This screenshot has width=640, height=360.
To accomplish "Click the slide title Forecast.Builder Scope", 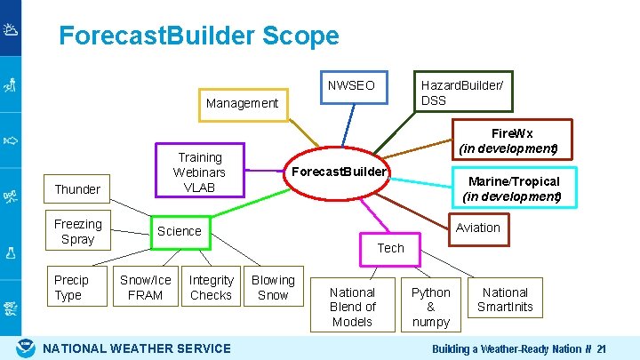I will coord(198,36).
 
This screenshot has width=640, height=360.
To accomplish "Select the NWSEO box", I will coord(351,85).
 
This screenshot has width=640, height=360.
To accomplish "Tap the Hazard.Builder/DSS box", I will coord(462,92).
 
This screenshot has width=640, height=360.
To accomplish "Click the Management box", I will coord(242,103).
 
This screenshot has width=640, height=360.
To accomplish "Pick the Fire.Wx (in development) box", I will coord(508,140).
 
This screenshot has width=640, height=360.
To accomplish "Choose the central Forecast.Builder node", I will coord(339,171).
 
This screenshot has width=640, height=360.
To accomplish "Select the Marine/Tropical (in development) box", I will coord(511,188).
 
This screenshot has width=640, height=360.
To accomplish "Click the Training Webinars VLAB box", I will coord(200,172).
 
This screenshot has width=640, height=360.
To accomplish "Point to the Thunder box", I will coord(77,189).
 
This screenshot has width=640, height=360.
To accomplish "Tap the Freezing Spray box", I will coord(77,231).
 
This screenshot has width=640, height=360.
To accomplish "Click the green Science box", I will coord(180,231).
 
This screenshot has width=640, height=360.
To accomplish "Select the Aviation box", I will coord(478,228).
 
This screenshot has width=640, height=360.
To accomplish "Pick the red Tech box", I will coord(390,248).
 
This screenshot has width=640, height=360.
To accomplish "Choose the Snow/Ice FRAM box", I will coord(146,287).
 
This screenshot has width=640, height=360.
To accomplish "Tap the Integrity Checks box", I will coord(211,287).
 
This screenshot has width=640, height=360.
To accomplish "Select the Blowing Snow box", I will coord(273,287).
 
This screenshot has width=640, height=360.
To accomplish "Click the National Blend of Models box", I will coord(353,307).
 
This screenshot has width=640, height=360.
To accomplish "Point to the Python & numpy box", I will coord(431,307).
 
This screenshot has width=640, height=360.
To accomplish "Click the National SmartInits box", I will coord(505,300).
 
